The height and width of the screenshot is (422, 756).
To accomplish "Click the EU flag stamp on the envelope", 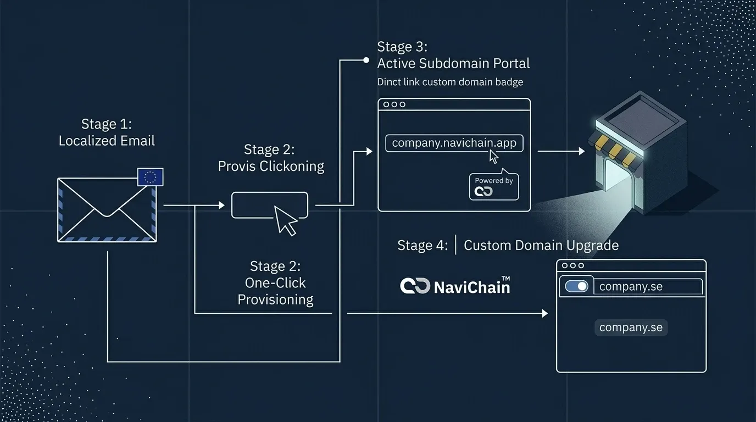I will click(x=150, y=177).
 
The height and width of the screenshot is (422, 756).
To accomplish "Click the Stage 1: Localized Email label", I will click(x=107, y=132).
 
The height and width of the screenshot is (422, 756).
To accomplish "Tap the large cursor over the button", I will click(x=286, y=221).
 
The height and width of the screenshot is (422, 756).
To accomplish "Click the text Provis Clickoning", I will click(x=271, y=166).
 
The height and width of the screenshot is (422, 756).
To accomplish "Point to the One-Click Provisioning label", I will click(x=275, y=283).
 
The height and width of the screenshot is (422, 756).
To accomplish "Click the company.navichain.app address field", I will click(x=454, y=143).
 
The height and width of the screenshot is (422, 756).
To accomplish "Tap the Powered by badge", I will click(x=493, y=186).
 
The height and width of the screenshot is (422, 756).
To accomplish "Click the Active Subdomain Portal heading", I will click(x=453, y=63).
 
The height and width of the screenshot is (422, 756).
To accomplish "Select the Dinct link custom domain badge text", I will click(x=450, y=82).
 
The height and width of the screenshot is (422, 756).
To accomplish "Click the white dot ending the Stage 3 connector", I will click(x=366, y=60).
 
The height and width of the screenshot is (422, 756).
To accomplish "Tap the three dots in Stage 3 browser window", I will click(x=394, y=104).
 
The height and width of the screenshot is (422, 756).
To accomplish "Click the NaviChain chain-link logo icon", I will click(x=415, y=286).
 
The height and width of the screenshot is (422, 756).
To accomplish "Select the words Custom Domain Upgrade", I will click(x=541, y=245).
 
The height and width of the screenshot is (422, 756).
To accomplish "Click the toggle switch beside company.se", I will click(x=576, y=286).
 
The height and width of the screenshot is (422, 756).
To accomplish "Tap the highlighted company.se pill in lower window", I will click(x=631, y=327).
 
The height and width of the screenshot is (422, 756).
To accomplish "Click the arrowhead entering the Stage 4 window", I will click(x=544, y=313).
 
